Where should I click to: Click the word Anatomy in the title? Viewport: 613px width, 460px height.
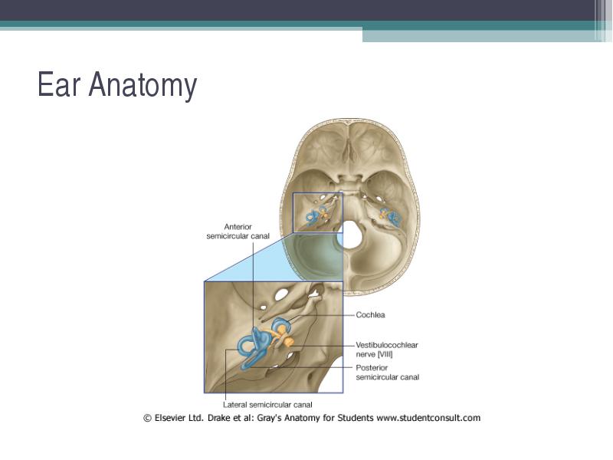click(x=143, y=86)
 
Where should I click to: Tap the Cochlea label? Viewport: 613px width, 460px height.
click(x=370, y=315)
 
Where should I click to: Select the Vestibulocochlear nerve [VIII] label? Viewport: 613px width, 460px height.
click(x=387, y=350)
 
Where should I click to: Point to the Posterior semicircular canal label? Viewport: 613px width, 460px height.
click(x=387, y=373)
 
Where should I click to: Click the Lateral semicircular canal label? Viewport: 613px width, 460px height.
click(x=267, y=405)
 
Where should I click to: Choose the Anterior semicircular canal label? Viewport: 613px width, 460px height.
click(x=238, y=232)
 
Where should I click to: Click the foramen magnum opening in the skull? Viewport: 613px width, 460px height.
click(x=352, y=235)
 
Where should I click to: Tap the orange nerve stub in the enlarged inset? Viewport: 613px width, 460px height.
click(x=289, y=343)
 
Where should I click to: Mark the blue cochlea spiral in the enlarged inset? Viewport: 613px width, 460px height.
click(x=280, y=325)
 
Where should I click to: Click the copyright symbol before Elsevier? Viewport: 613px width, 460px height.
click(x=147, y=418)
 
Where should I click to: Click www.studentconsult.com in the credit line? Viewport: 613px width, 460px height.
click(x=428, y=418)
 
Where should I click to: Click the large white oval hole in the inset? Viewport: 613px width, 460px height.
click(x=280, y=294)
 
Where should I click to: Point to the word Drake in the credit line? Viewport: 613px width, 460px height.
click(x=218, y=418)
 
